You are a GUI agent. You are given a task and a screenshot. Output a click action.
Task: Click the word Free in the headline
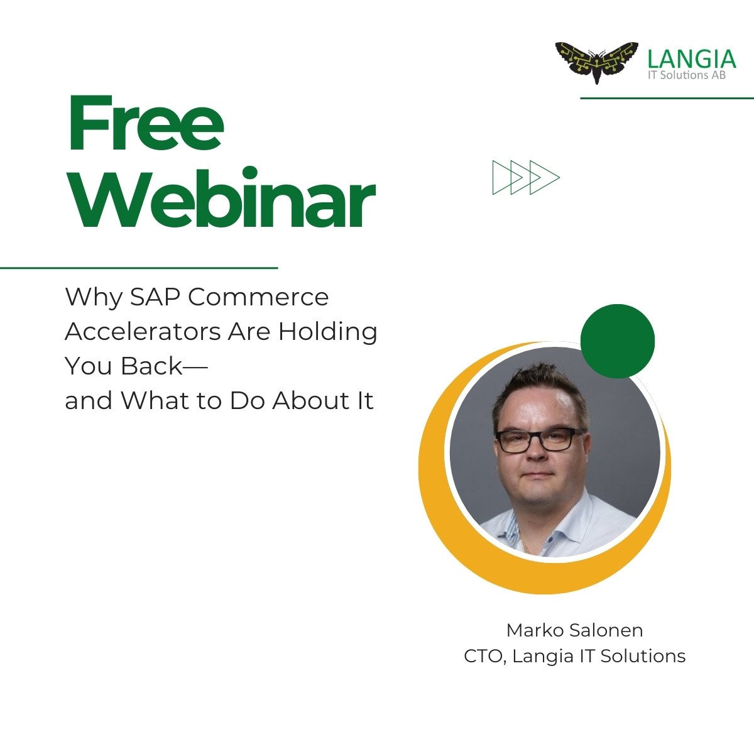click(146, 123)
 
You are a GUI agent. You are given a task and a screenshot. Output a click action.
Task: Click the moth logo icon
click(597, 62)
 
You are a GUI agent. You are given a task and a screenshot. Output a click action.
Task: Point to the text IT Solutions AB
click(687, 75)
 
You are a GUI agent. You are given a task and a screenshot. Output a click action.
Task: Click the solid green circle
click(618, 341)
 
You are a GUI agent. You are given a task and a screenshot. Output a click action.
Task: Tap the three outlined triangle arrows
click(526, 177)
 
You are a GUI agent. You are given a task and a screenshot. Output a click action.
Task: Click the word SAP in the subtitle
click(156, 297)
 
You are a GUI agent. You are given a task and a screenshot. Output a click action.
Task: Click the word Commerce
click(258, 297)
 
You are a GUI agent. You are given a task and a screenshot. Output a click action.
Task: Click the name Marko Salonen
click(575, 630)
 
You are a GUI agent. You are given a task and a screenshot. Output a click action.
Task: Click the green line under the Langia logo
click(667, 98)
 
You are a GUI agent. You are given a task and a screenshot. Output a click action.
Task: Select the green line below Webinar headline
click(139, 268)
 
